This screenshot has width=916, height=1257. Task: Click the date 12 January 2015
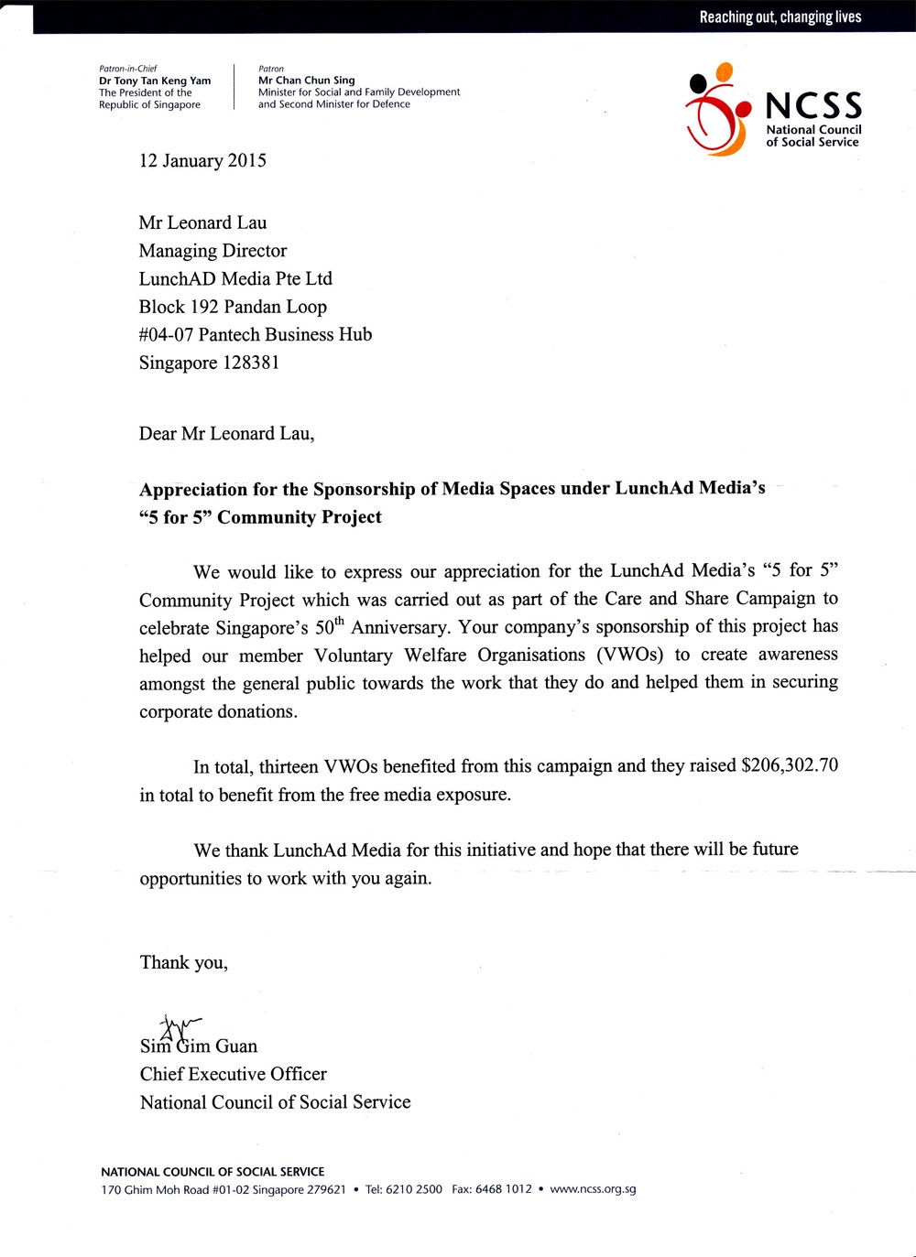click(x=202, y=161)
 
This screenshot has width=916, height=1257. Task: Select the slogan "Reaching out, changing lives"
click(x=780, y=16)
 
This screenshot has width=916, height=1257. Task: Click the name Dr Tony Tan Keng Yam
click(x=155, y=81)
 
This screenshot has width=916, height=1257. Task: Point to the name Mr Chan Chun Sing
click(x=306, y=81)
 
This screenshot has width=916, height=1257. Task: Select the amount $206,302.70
click(x=790, y=765)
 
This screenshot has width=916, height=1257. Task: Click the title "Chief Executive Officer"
click(x=233, y=1074)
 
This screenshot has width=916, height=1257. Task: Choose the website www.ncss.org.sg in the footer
click(x=593, y=1189)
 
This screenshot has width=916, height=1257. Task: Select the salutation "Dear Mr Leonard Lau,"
click(x=226, y=433)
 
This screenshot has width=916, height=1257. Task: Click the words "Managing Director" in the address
click(x=213, y=251)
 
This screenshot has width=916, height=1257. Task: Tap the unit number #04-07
click(x=166, y=335)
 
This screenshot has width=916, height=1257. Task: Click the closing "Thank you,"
click(x=183, y=962)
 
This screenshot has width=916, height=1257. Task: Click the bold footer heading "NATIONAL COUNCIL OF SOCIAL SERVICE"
click(x=213, y=1172)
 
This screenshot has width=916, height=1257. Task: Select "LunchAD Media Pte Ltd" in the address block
click(x=235, y=279)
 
